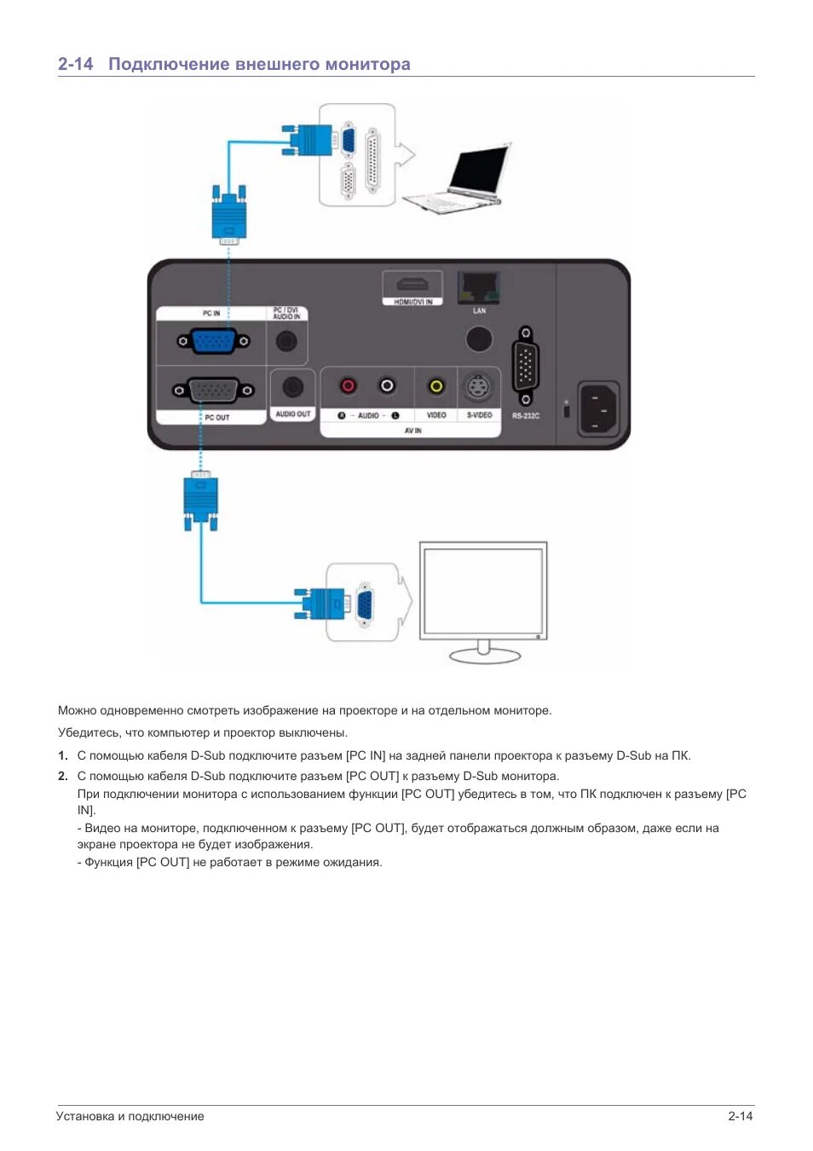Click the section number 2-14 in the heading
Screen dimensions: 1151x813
(75, 64)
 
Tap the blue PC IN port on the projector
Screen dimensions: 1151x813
(213, 341)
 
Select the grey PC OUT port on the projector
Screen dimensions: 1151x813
(213, 390)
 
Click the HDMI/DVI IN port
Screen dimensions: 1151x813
(412, 284)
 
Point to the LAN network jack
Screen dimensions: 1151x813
(479, 287)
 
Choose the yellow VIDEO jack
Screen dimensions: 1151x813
(436, 386)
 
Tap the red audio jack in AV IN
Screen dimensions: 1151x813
(348, 386)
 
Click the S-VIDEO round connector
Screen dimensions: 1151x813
(479, 388)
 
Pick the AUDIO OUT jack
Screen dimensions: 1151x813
(292, 387)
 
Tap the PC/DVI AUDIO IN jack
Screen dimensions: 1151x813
(287, 341)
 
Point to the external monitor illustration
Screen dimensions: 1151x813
(483, 597)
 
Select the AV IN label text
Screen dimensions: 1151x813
(412, 431)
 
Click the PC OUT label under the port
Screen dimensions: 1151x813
(216, 418)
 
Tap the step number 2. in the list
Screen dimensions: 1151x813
(63, 776)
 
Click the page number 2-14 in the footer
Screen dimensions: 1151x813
(740, 1116)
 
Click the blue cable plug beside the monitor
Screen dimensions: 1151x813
(324, 604)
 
